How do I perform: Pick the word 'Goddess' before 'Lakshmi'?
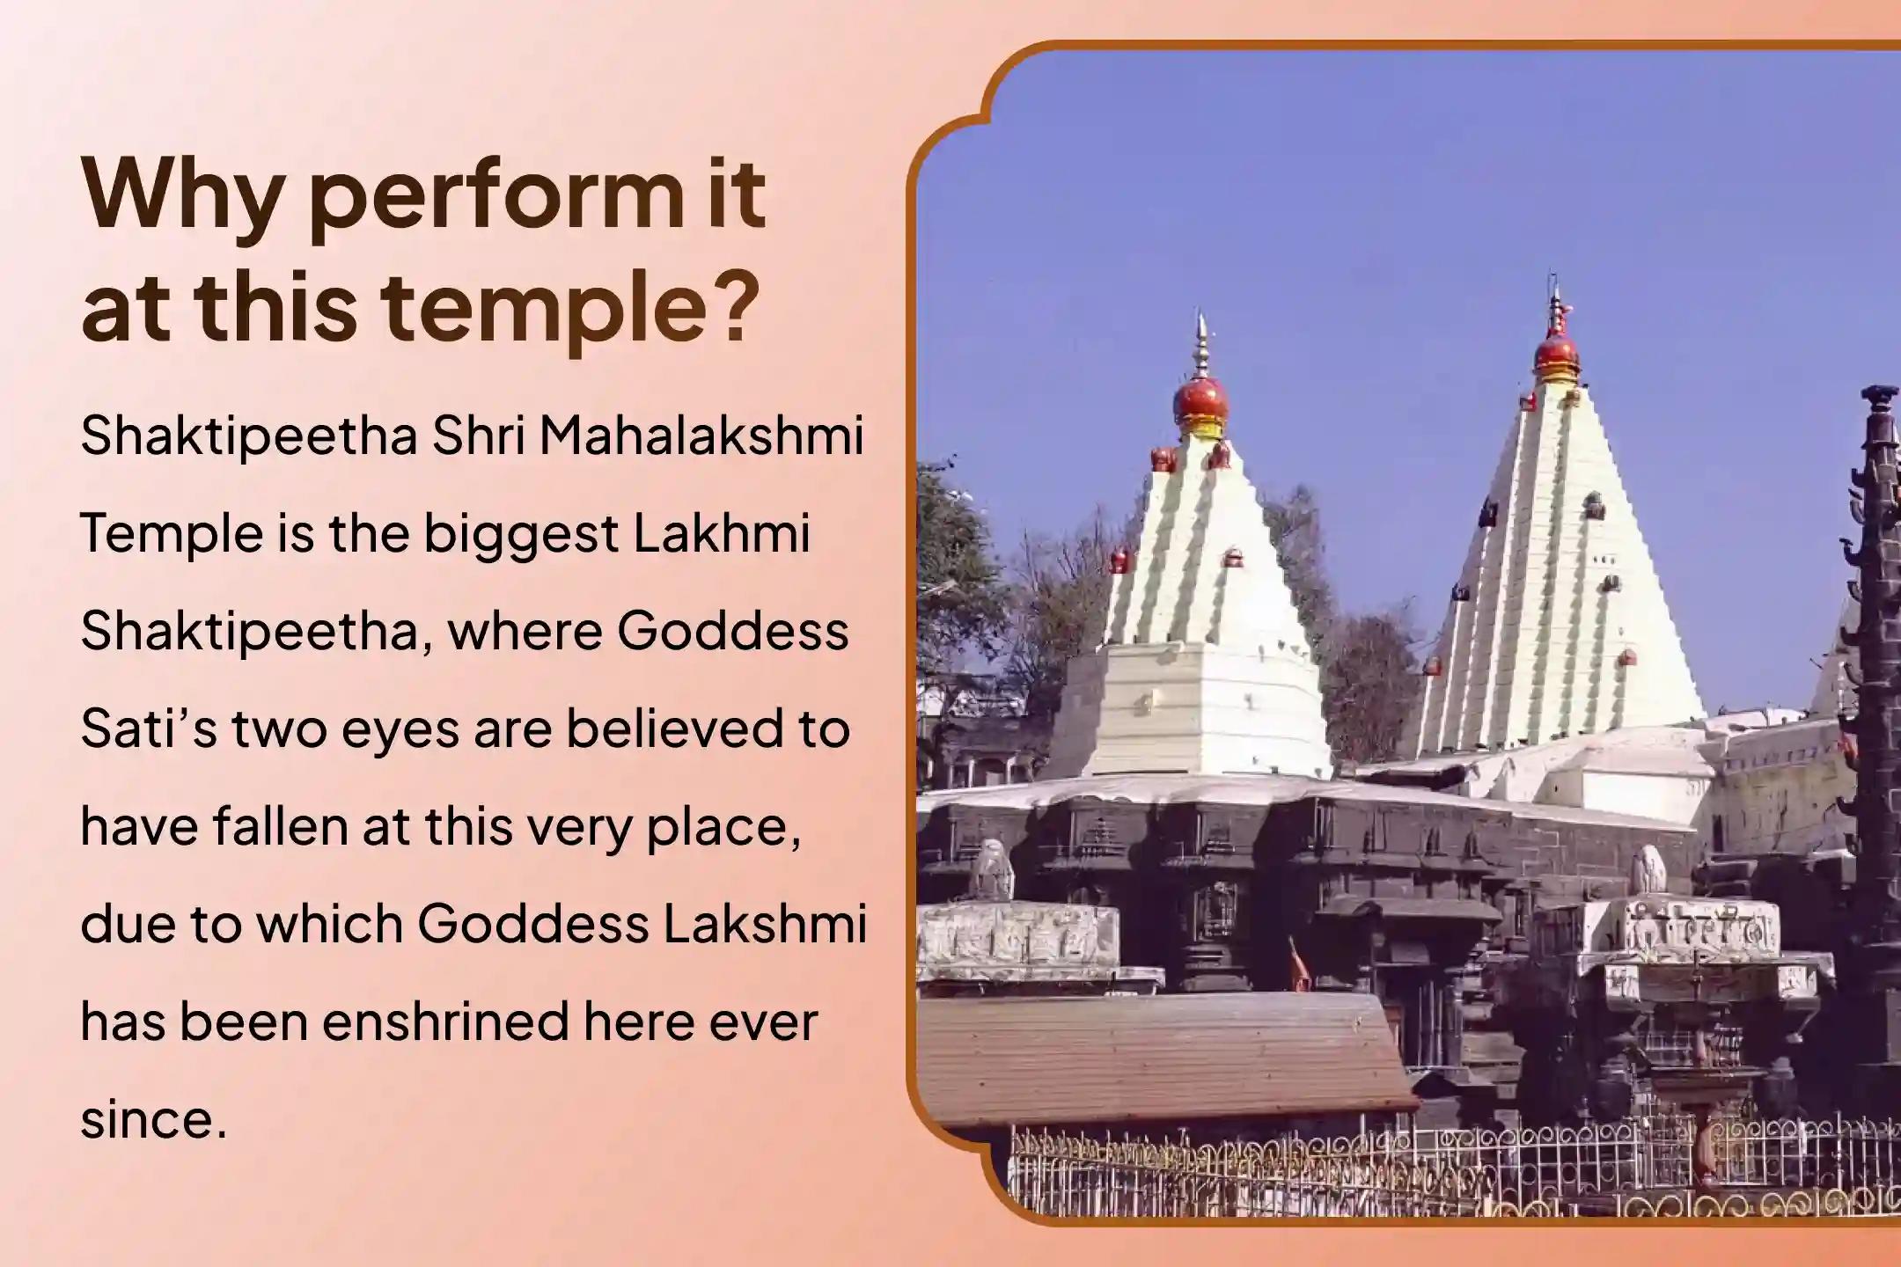coord(532,924)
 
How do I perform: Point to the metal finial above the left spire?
coord(1200,348)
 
